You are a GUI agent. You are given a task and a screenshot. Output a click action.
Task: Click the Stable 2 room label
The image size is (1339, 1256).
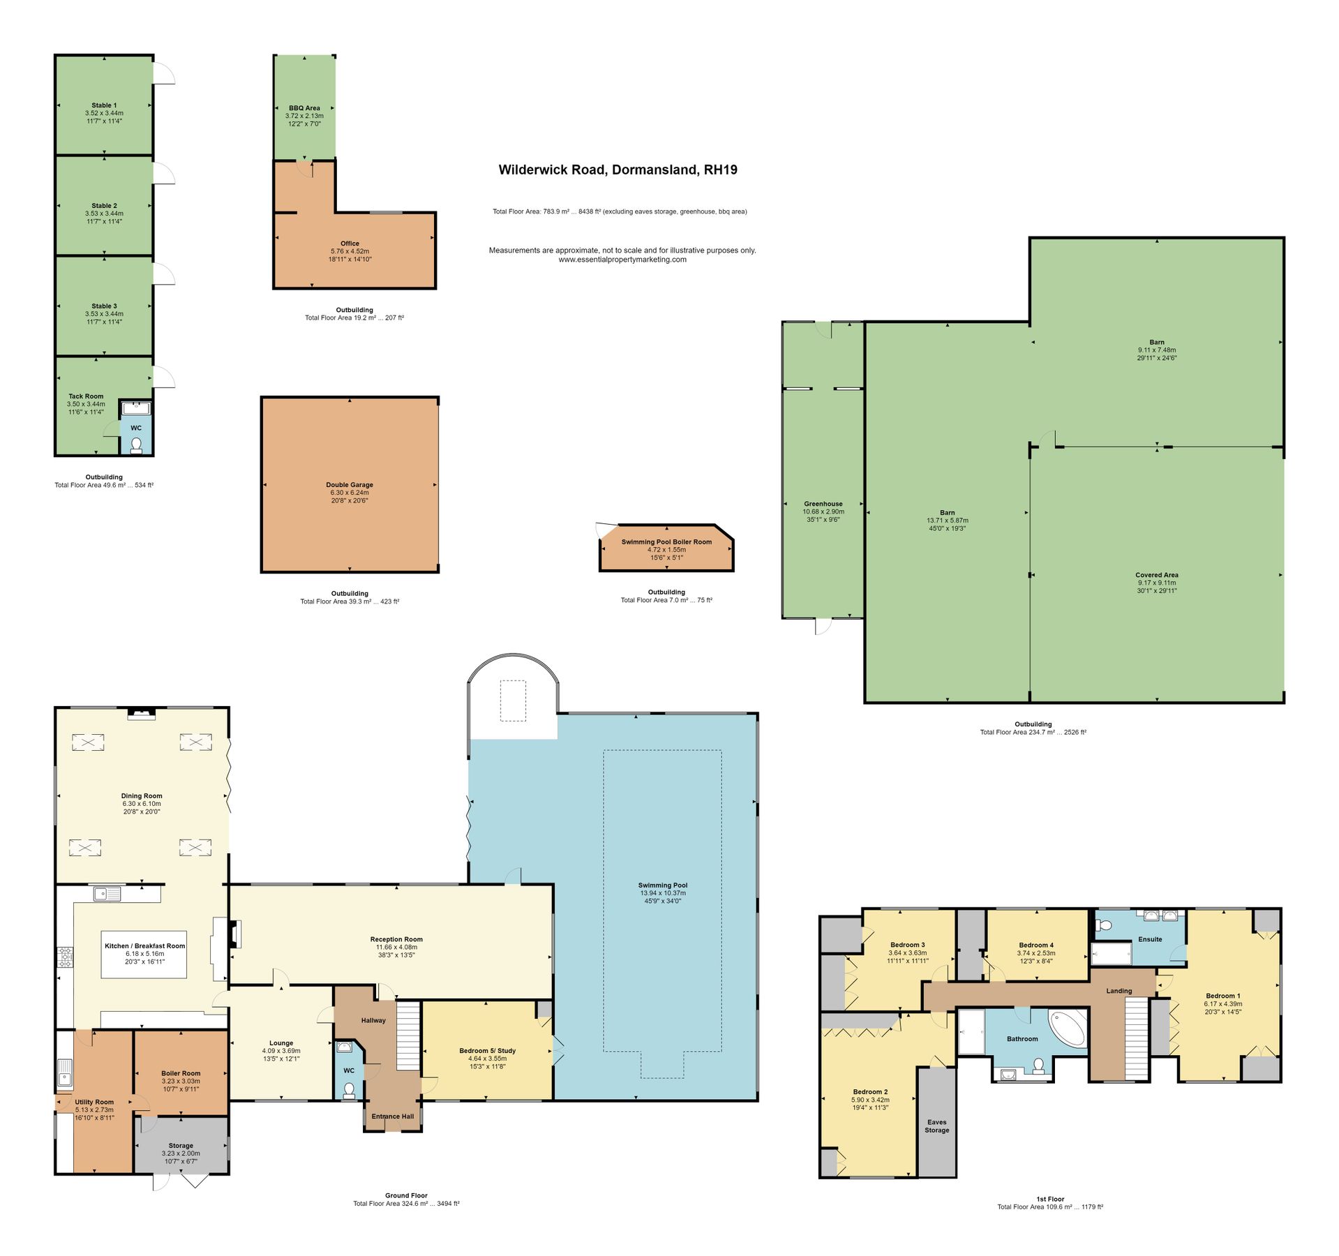coord(104,206)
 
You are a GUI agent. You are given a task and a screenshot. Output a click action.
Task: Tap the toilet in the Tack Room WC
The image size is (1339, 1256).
coord(136,444)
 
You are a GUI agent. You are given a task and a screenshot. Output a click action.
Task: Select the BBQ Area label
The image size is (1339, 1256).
coord(304,108)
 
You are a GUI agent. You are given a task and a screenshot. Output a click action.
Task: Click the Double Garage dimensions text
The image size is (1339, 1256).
coord(349,496)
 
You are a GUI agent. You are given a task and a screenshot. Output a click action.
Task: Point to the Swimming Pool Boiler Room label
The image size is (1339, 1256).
coord(666,541)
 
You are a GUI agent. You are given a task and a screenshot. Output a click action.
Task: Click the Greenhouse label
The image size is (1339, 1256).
coord(823,503)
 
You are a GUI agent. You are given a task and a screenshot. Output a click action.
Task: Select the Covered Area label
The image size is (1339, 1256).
coord(1156,575)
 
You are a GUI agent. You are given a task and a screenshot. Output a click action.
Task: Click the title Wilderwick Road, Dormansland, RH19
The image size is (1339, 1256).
coord(618,170)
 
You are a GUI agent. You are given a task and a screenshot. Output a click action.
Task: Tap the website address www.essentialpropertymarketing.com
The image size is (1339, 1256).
coord(622,260)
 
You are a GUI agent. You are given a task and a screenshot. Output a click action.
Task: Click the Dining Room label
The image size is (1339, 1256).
coord(142,795)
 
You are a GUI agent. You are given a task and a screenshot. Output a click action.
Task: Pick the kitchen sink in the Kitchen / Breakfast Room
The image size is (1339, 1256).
coord(107,893)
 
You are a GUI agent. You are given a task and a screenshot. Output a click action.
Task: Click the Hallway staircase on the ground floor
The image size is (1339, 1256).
coord(409,1036)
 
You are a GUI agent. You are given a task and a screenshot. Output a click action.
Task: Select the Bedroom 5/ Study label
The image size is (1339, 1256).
coord(487,1050)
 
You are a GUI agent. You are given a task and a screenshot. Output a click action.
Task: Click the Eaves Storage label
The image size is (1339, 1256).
coord(936,1126)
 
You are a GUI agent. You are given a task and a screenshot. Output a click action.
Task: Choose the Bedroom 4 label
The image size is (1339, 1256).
coord(1036,945)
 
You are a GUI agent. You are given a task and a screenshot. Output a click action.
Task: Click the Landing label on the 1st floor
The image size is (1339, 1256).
coord(1119,991)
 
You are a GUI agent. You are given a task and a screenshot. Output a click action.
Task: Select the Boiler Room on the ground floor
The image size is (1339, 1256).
coord(181,1073)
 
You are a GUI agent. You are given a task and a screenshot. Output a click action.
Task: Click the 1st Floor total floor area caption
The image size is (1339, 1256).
coord(1049,1206)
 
